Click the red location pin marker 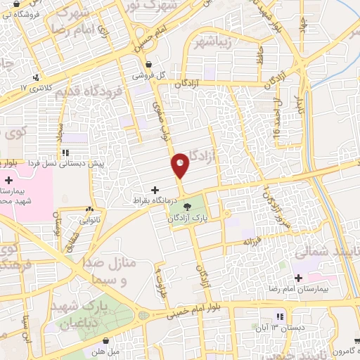pyautogui.click(x=181, y=165)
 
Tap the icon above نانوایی pyautogui.click(x=89, y=209)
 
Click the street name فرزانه pyautogui.click(x=252, y=241)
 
